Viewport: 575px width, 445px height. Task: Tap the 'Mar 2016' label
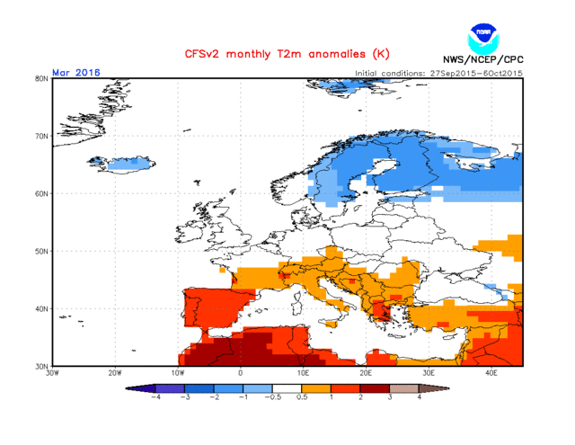point(76,72)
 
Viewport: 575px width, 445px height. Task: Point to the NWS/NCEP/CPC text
point(482,61)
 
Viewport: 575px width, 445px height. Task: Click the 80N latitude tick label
point(41,78)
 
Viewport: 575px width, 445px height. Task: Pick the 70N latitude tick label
point(41,136)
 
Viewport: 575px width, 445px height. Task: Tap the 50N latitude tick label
point(41,251)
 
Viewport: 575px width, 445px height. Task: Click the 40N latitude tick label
point(41,308)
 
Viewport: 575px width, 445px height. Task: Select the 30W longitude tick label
point(53,373)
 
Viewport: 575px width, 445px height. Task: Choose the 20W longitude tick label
point(115,373)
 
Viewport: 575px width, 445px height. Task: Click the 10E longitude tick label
point(304,373)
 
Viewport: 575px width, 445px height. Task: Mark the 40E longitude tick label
point(491,373)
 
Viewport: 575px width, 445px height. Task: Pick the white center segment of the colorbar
point(287,387)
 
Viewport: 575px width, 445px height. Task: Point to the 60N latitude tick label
point(41,193)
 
